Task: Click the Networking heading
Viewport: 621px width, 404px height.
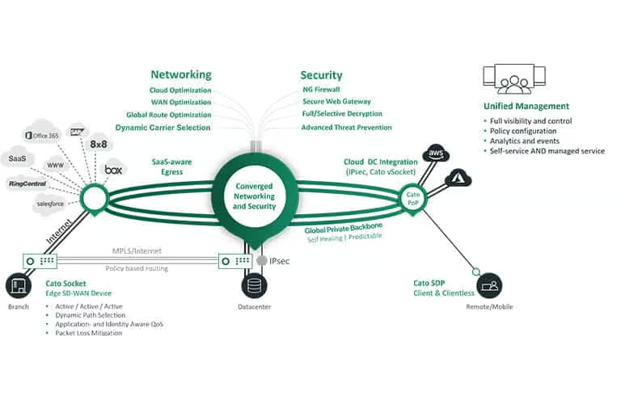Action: (x=180, y=74)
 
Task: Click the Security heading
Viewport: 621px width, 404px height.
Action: (x=321, y=74)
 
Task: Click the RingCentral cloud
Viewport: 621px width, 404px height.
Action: (x=27, y=183)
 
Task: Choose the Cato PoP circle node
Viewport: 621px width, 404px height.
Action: (x=412, y=196)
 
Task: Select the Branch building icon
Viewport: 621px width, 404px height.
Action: (x=18, y=285)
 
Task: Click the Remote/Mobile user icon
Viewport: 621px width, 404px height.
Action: (x=488, y=285)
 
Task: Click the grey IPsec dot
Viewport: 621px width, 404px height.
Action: (x=260, y=261)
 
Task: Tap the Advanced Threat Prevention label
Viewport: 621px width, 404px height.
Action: (x=346, y=128)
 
